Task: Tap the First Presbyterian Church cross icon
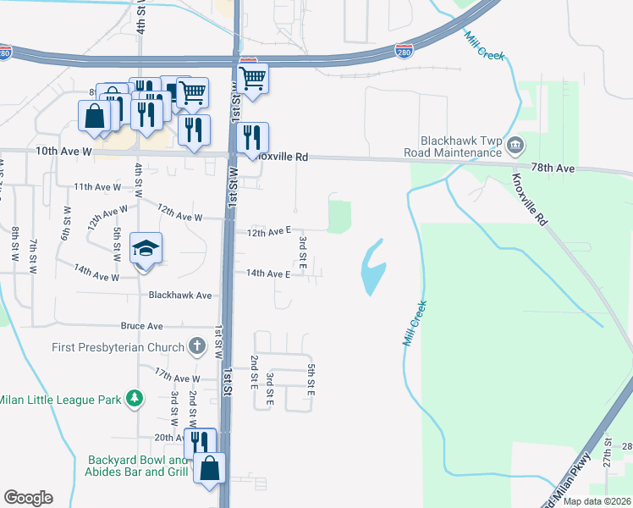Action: [196, 346]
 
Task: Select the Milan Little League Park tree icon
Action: [133, 398]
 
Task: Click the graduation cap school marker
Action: [146, 249]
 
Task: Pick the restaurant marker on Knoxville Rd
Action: [252, 138]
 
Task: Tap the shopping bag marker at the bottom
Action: [209, 467]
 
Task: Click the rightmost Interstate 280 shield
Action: [405, 52]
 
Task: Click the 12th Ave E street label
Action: [268, 230]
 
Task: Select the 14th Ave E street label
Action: [268, 274]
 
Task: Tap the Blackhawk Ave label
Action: [179, 295]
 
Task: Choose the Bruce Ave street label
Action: [141, 326]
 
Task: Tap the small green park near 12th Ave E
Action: [339, 216]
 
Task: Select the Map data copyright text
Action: [597, 501]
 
